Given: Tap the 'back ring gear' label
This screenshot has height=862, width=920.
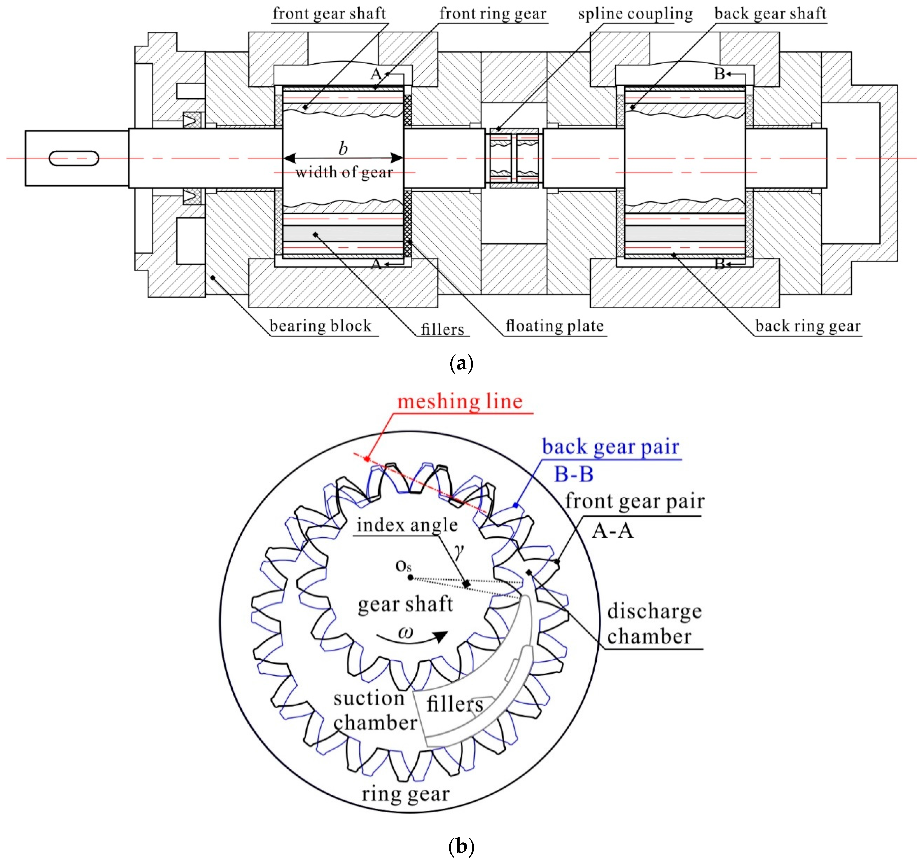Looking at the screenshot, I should pos(808,326).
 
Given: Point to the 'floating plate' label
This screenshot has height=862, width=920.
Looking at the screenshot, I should pos(554,326).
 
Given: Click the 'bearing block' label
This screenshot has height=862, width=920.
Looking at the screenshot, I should pos(320,326).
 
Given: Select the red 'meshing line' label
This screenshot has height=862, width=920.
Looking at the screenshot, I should pos(460,401).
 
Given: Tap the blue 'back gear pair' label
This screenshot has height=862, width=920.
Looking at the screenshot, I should pos(611,447).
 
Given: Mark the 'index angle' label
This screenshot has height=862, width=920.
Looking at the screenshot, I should pos(407,525).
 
